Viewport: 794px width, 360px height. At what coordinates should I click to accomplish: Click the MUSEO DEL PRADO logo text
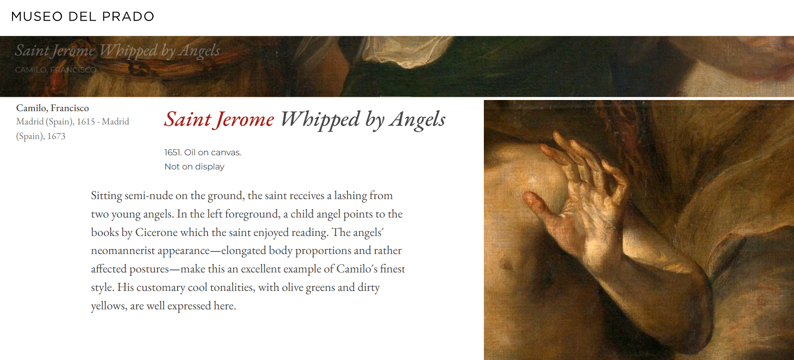pyautogui.click(x=82, y=17)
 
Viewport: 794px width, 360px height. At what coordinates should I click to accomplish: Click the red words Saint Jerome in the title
pyautogui.click(x=219, y=119)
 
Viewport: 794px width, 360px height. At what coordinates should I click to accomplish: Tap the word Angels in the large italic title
pyautogui.click(x=417, y=119)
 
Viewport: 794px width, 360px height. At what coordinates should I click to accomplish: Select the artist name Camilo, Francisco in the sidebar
pyautogui.click(x=52, y=108)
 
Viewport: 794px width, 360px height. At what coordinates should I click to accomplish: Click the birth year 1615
pyautogui.click(x=86, y=122)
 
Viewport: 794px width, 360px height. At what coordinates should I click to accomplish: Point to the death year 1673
pyautogui.click(x=56, y=136)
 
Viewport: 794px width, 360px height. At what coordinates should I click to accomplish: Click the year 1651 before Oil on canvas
pyautogui.click(x=172, y=153)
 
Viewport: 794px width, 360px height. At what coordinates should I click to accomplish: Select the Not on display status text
pyautogui.click(x=194, y=167)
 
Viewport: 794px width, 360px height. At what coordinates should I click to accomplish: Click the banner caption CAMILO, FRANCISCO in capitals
pyautogui.click(x=56, y=70)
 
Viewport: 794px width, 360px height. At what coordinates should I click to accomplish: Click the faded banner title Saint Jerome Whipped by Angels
pyautogui.click(x=117, y=51)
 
